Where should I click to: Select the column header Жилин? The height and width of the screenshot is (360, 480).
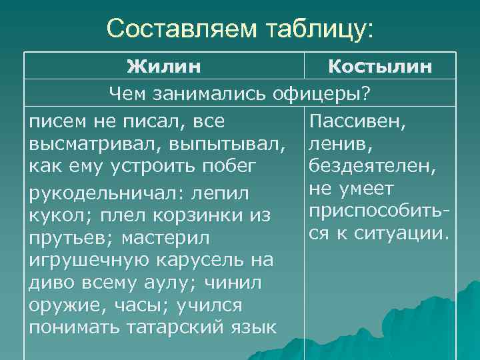pos(165,67)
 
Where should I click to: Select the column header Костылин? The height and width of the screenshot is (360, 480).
pos(380,67)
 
